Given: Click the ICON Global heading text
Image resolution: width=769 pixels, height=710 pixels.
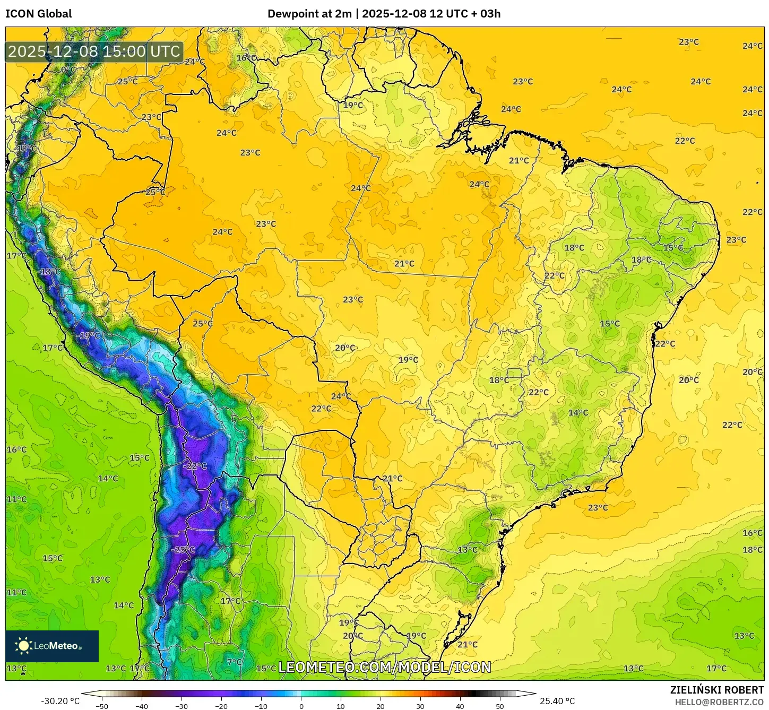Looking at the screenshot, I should coord(38,14).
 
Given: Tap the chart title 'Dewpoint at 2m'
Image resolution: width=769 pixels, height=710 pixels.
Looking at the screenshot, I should coord(309,14).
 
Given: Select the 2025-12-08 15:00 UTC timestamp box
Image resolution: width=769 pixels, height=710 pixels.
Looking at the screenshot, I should coord(94,51).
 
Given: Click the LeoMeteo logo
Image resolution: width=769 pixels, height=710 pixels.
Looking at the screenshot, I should coord(52,646).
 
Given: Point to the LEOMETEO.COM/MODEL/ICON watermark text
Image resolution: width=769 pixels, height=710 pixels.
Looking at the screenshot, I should coord(385,667).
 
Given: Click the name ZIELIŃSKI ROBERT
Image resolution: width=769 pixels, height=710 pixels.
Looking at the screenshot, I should coord(716,690).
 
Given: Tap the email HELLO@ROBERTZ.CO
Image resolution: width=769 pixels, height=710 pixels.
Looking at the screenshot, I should coord(719,702).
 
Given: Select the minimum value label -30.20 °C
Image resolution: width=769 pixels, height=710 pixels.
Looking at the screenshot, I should coord(60,701).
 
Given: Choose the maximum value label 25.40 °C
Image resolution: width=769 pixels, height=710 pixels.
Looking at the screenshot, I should coord(557,701).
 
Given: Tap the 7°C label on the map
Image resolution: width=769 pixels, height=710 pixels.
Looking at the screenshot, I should coord(234,662).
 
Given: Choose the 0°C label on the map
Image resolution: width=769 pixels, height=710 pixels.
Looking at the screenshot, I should coord(68,70).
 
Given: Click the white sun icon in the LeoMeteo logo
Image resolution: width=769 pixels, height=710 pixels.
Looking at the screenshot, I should coord(23,646).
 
